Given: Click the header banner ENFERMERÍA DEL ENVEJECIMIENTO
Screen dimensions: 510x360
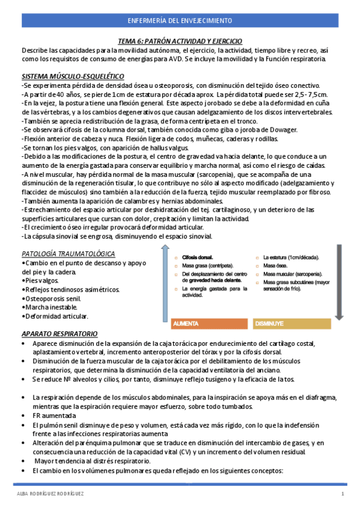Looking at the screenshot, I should [x=180, y=20].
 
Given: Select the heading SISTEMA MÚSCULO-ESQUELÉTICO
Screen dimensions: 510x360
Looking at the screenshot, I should [x=73, y=77].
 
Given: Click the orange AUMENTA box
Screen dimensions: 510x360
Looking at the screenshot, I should [x=209, y=323].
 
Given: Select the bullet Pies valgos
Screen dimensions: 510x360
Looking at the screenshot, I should [x=41, y=280].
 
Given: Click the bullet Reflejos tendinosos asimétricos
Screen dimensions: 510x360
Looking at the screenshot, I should [x=72, y=289].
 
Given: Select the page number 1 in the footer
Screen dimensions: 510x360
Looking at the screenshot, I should [x=342, y=494].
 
